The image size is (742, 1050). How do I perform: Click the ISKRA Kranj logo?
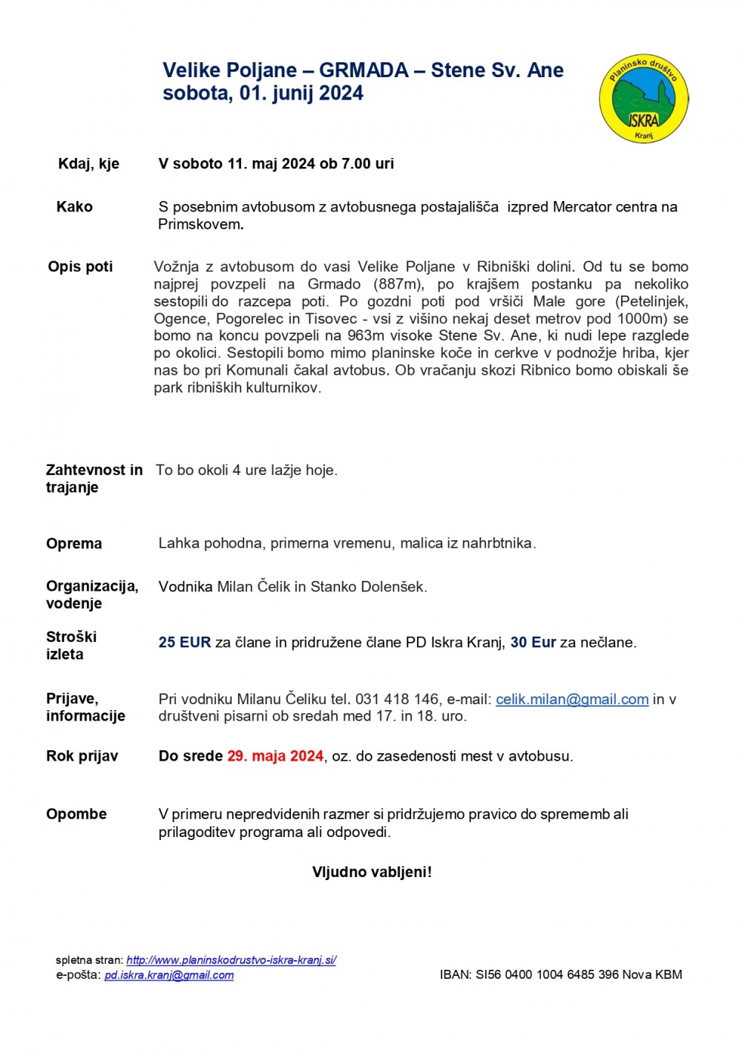(x=643, y=99)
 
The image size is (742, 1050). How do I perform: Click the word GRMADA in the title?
(x=364, y=70)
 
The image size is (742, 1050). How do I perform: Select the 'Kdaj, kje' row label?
(x=88, y=164)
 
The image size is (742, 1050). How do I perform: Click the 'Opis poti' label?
(x=80, y=266)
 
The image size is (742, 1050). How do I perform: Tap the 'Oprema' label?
(x=74, y=544)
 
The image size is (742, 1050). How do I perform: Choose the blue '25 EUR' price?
(x=185, y=643)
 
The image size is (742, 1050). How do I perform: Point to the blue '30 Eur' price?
(x=533, y=643)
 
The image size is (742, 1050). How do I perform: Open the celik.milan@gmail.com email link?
(x=572, y=700)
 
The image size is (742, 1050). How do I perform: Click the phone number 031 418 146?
(x=397, y=700)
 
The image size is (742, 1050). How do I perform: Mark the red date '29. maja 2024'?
(x=275, y=756)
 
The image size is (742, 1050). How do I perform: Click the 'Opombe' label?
(x=76, y=814)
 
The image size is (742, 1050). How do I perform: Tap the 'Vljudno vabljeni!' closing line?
(x=372, y=872)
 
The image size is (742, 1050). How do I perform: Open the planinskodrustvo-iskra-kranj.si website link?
(x=232, y=959)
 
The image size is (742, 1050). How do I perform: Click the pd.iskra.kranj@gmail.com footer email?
(x=169, y=975)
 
